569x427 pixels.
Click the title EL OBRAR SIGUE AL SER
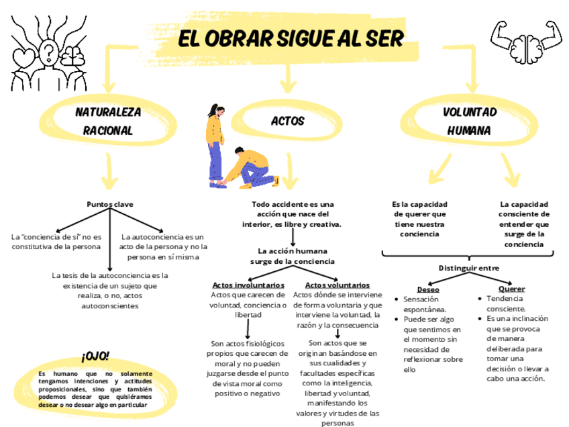291,38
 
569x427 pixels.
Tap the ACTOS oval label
287,122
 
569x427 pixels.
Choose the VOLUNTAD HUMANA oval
469,122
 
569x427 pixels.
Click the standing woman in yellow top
214,144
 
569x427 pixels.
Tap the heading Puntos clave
109,203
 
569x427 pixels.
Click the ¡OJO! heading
95,357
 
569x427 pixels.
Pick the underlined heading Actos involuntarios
248,285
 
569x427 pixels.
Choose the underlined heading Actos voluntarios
337,285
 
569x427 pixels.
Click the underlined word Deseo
429,289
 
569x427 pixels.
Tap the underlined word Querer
511,289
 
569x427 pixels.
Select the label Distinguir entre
469,267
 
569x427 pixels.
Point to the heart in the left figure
26,54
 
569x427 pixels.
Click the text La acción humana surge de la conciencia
293,256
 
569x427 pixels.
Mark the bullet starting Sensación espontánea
425,304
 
